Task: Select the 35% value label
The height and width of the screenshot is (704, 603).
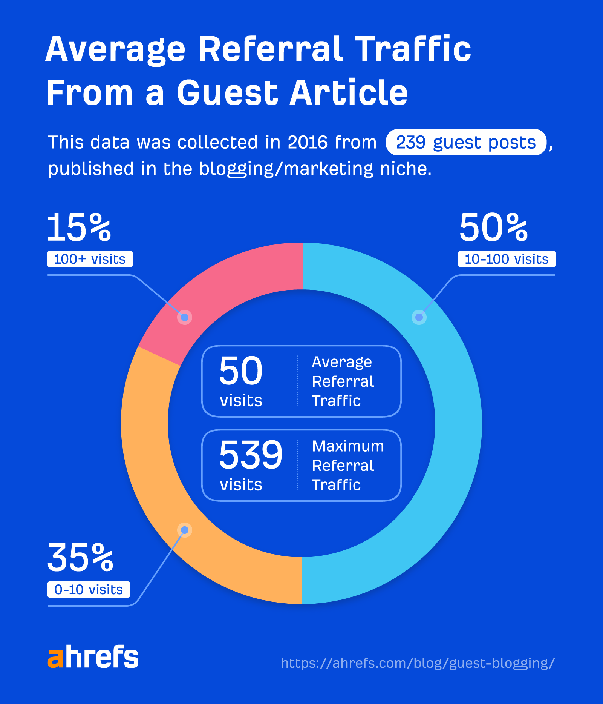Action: [x=80, y=558]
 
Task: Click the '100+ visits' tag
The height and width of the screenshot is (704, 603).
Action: [x=90, y=259]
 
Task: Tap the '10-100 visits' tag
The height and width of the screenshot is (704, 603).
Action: [x=507, y=259]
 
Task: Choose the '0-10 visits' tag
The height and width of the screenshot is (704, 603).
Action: [x=89, y=590]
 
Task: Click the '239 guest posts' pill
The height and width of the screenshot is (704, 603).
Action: [x=466, y=143]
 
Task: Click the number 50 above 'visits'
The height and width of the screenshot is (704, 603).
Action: [x=241, y=371]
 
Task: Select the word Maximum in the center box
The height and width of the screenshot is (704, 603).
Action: [x=348, y=446]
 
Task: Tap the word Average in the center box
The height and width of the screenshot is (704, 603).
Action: [x=342, y=362]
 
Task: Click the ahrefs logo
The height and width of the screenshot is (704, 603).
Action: [x=93, y=657]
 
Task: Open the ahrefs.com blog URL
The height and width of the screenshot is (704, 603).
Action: [x=418, y=663]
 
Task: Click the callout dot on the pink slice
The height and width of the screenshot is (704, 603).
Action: [x=185, y=317]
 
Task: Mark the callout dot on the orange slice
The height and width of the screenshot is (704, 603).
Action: [x=185, y=530]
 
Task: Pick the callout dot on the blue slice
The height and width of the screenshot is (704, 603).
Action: [x=419, y=317]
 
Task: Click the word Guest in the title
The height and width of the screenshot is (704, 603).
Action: [x=227, y=93]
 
